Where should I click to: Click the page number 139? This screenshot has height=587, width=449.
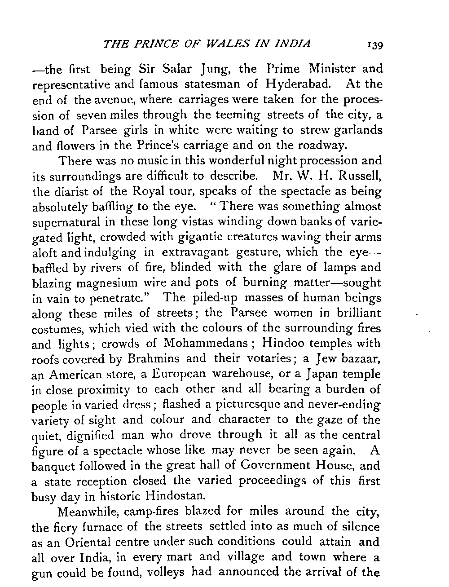(x=374, y=45)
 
